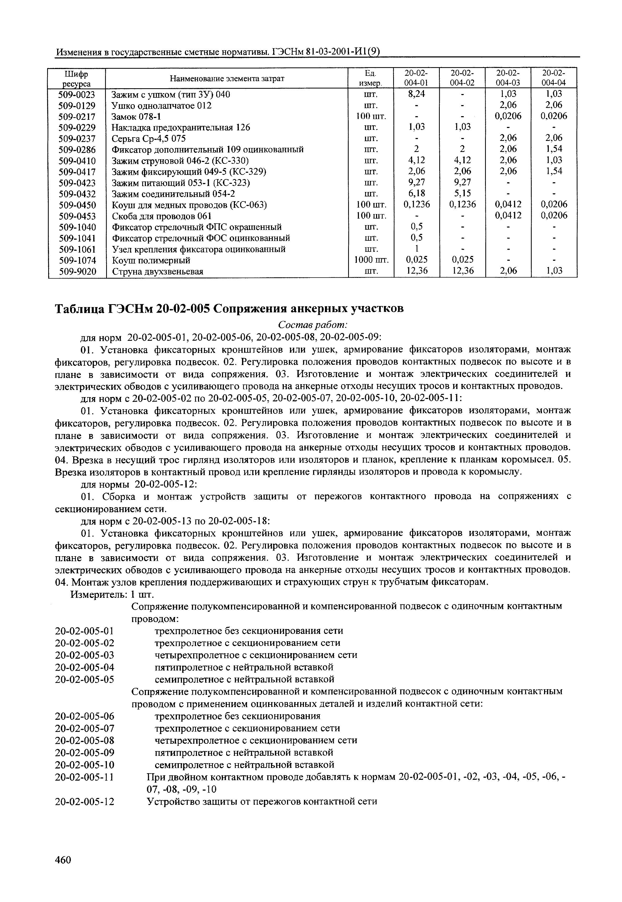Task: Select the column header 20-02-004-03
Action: coord(508,78)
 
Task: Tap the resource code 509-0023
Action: coord(77,94)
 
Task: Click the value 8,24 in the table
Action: coord(416,94)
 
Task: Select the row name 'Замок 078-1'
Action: coord(136,117)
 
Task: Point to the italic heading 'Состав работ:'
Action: coord(313,325)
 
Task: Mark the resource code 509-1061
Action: coord(77,249)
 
